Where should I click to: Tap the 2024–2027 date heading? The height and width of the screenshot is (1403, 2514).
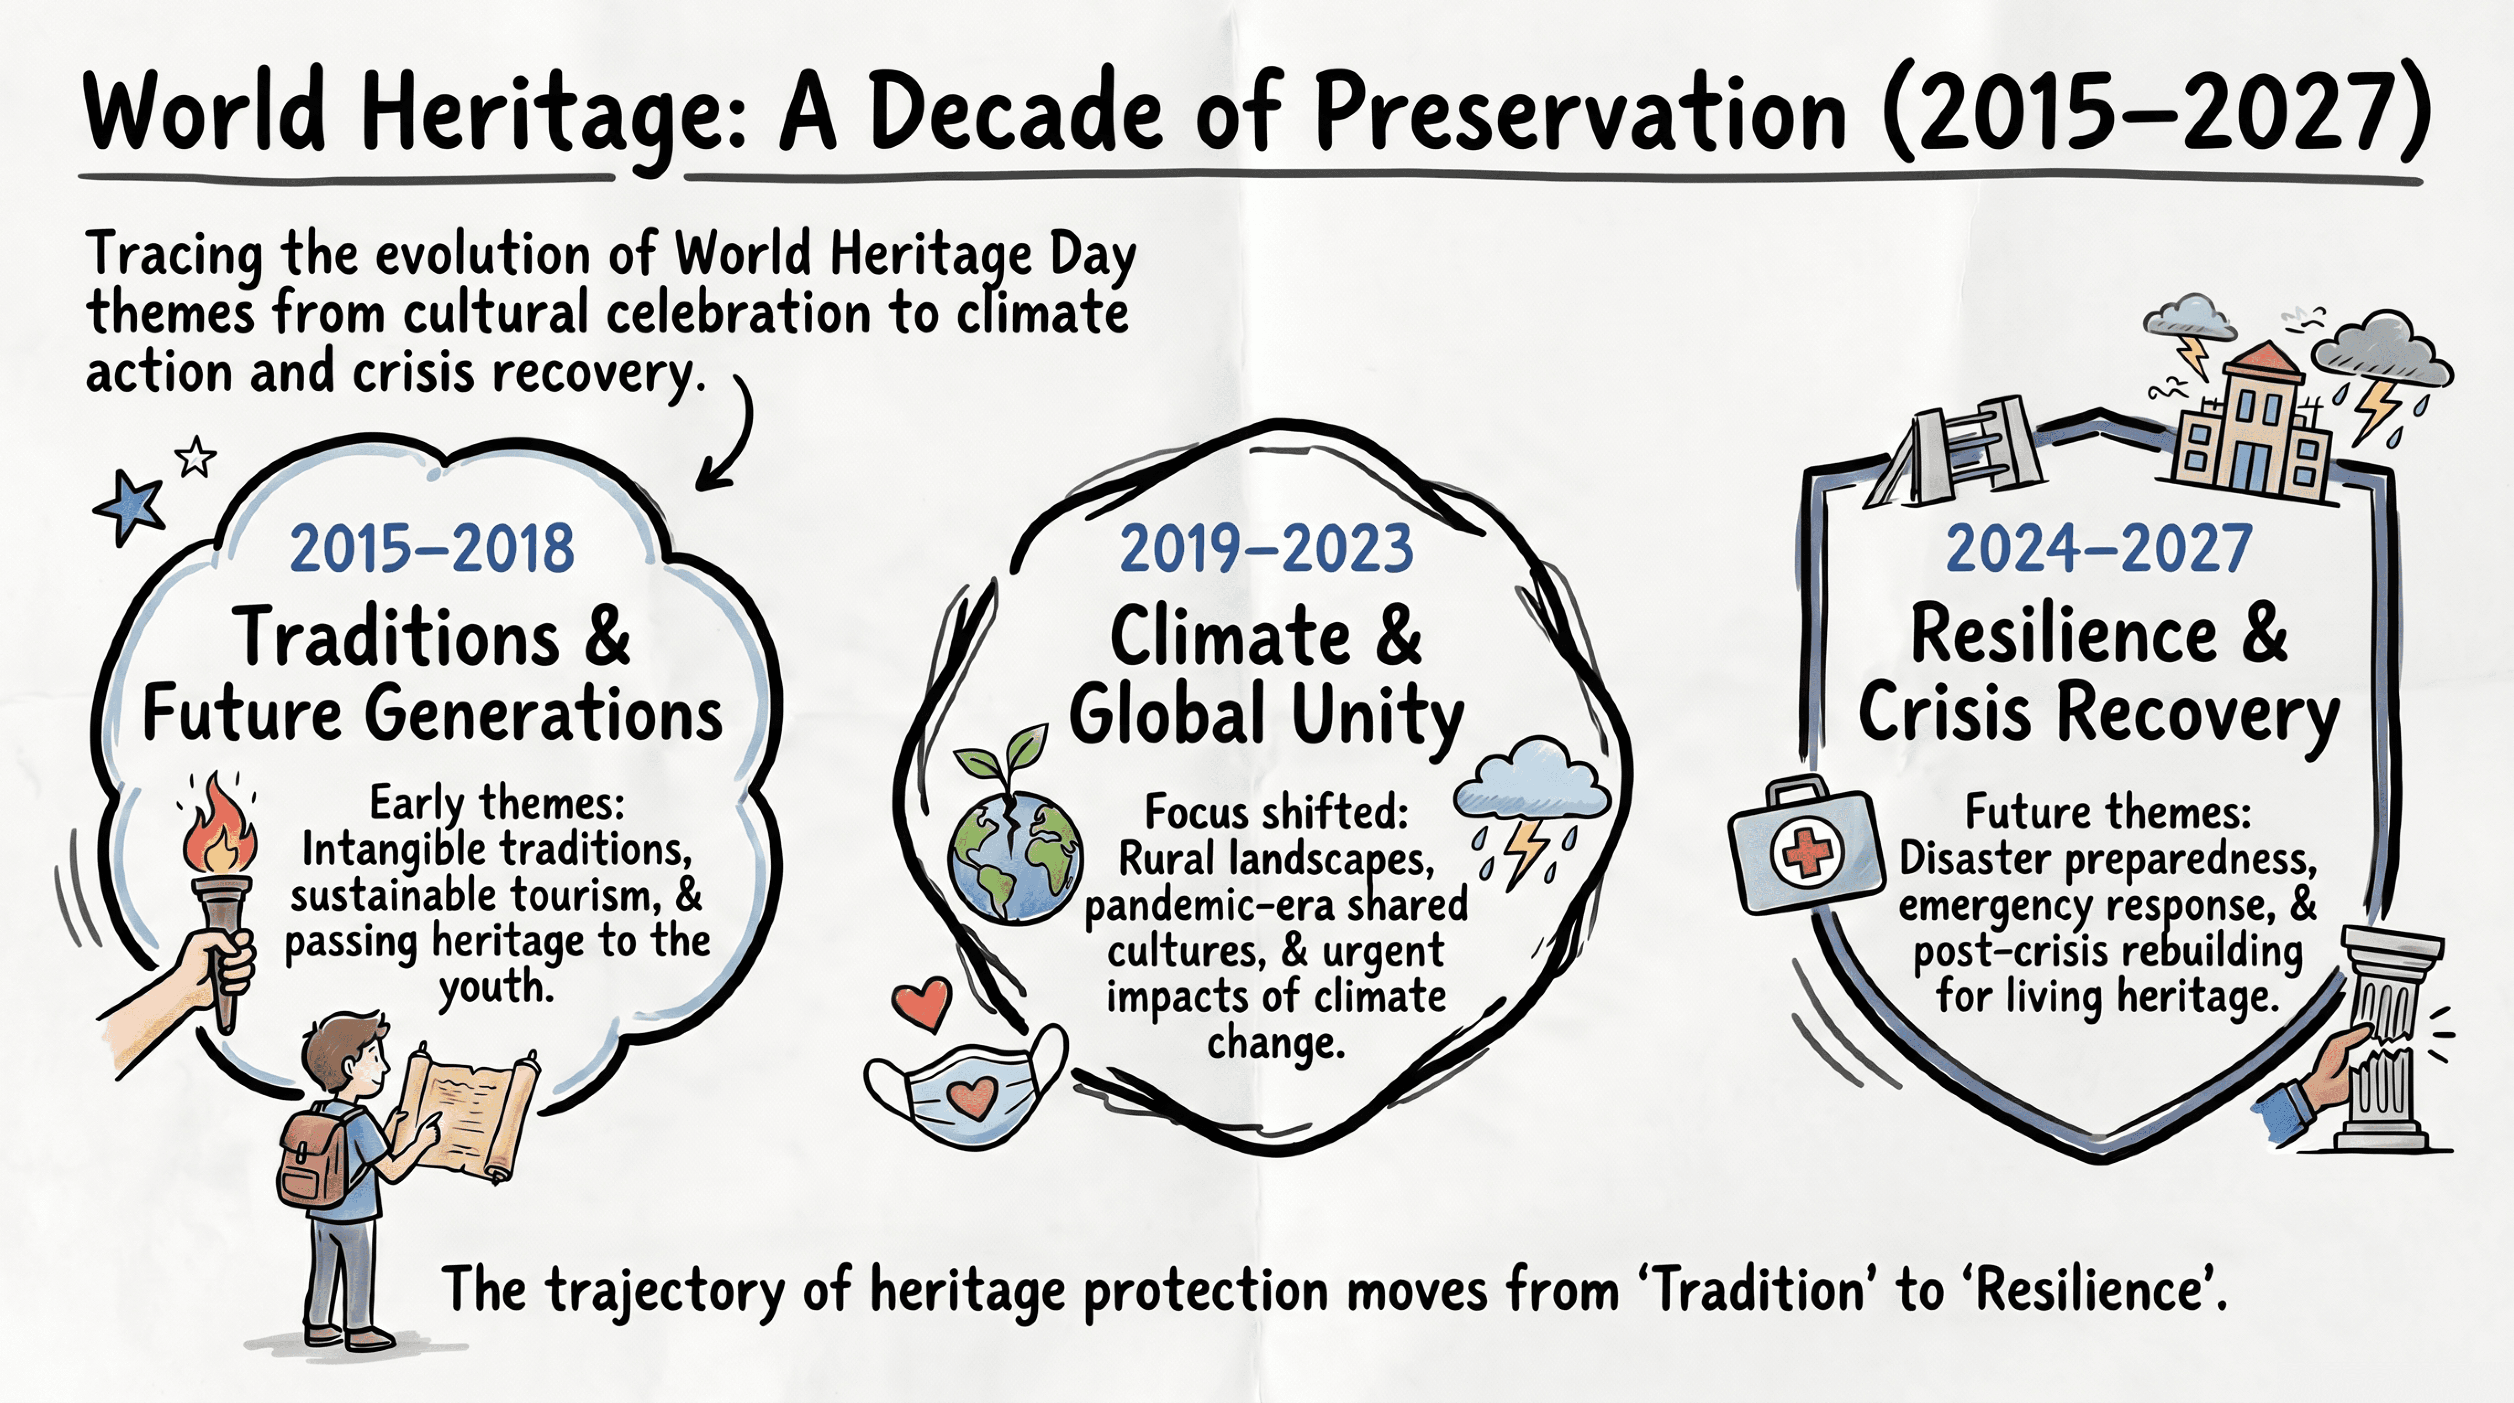(2098, 549)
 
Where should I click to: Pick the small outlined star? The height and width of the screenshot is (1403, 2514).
(196, 456)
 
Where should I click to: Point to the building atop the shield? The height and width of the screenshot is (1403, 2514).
(2255, 429)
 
